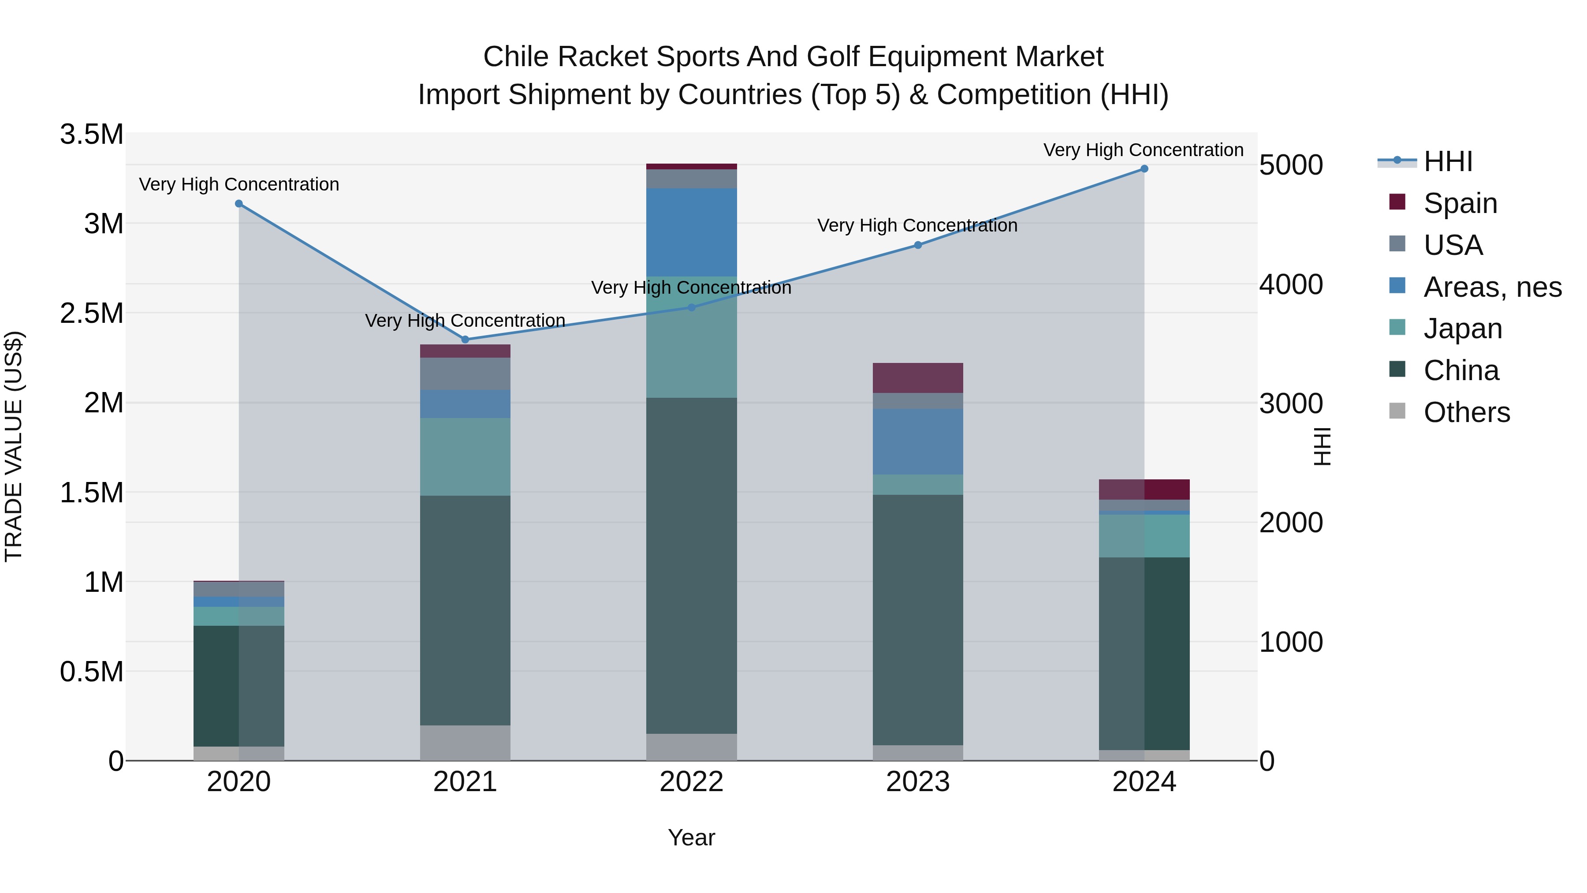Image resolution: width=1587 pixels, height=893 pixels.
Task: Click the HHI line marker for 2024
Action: point(1144,169)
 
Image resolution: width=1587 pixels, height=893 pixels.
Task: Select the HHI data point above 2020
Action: point(239,203)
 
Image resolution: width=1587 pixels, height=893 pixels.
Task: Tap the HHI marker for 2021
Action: point(465,340)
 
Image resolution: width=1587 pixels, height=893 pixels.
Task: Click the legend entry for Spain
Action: point(1460,203)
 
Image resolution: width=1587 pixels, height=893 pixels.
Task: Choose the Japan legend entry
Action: point(1463,329)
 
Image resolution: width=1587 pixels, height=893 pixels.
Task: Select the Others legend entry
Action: point(1466,412)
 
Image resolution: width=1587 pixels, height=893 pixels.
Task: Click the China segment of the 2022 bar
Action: point(691,565)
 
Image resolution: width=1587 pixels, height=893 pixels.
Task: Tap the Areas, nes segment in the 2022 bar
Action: point(691,232)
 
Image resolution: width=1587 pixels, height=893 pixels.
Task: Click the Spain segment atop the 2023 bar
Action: point(917,378)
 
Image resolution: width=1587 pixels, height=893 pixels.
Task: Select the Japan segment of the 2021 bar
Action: point(465,457)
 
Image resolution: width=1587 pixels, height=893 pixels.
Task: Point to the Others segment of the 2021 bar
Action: point(465,743)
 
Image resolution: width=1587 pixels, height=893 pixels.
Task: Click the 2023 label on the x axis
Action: point(917,782)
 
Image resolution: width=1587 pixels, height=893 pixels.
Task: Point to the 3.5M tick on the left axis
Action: point(92,135)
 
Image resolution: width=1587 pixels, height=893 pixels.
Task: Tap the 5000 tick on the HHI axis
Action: point(1291,165)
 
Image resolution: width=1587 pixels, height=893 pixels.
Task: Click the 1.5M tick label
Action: point(92,493)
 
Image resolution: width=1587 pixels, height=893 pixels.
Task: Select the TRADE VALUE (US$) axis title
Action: point(14,446)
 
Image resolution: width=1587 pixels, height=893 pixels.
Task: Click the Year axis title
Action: point(691,837)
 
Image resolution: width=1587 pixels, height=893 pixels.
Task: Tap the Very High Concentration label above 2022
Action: point(691,288)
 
